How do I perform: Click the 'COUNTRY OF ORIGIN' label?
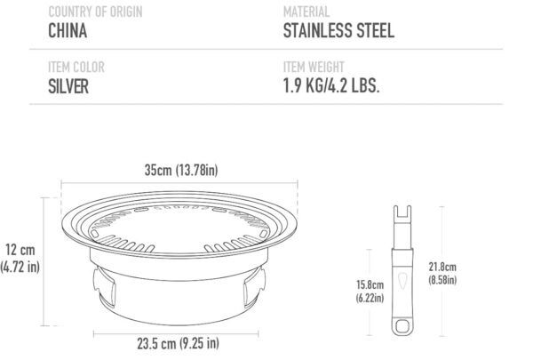(95, 12)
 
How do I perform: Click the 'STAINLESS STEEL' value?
(338, 31)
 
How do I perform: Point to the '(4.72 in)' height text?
(20, 266)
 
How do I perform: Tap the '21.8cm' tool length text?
(442, 266)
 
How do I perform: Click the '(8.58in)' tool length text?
(442, 279)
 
